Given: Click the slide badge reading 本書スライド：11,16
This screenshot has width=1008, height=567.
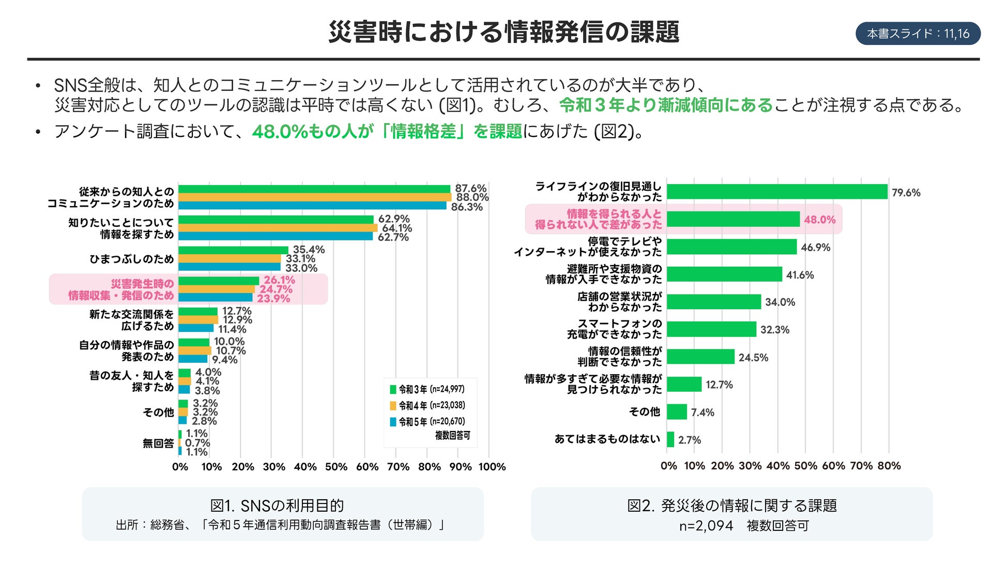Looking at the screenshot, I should point(918,34).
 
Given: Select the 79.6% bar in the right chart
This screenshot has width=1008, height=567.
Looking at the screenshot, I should point(776,192).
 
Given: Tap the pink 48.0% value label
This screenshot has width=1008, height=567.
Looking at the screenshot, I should point(819,220).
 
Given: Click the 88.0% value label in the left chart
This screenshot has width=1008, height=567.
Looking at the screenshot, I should point(472,197).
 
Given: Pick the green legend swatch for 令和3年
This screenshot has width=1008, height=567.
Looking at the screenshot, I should point(393,390).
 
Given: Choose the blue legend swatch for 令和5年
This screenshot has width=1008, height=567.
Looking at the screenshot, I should point(393,422).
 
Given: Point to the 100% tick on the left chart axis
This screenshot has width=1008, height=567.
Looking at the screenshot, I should point(492,467).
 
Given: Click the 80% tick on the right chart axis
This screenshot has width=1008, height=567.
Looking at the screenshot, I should point(889,466).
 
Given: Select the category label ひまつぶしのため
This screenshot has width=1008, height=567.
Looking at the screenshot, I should point(132,259).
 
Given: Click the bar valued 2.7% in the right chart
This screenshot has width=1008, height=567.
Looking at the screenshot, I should point(670,439).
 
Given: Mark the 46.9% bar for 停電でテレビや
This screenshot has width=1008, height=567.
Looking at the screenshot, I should point(731,247).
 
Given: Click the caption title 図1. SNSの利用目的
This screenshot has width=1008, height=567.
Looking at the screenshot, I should point(277,505).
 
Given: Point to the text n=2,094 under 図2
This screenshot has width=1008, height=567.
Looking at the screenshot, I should point(706,526).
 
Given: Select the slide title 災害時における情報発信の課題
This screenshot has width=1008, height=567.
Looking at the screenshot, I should point(503,32).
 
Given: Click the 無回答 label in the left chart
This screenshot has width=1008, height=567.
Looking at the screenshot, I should point(158,443).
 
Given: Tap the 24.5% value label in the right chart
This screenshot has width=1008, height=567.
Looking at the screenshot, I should point(753,358).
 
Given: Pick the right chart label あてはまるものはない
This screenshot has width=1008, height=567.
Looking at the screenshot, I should point(607,439).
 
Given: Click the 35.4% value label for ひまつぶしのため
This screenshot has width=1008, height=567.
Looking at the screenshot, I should point(309,250).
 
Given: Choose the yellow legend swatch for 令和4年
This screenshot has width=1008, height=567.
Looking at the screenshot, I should point(393,406).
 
